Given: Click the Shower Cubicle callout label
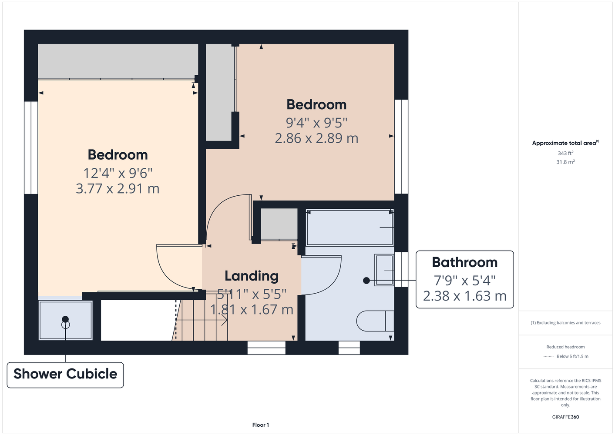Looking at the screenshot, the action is click(x=65, y=374).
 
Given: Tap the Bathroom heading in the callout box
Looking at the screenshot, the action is click(x=464, y=262).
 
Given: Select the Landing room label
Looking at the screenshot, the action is click(x=252, y=276).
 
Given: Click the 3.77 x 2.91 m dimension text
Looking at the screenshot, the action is click(x=118, y=188).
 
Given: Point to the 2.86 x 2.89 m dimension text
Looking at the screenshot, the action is click(x=316, y=138).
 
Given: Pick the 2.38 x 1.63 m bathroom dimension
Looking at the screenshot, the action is click(x=464, y=296).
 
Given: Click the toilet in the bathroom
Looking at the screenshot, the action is click(x=375, y=321).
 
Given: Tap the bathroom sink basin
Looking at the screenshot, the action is click(x=384, y=270).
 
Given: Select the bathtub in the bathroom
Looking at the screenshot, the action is click(x=350, y=228).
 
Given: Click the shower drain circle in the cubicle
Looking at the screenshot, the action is click(x=65, y=325).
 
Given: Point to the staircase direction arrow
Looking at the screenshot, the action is click(x=202, y=320).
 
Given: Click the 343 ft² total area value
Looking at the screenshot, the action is click(x=565, y=153).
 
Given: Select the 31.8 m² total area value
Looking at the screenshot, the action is click(x=565, y=162).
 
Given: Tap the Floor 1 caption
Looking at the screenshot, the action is click(x=261, y=425).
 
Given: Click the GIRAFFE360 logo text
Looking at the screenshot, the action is click(x=565, y=417).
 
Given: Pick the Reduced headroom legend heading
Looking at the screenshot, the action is click(x=565, y=347).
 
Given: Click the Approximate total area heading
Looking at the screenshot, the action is click(x=565, y=143).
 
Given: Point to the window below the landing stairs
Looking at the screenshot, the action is click(x=266, y=348).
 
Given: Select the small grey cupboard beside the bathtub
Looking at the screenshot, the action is click(x=279, y=224).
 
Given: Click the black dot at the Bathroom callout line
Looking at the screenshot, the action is click(x=366, y=281).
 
